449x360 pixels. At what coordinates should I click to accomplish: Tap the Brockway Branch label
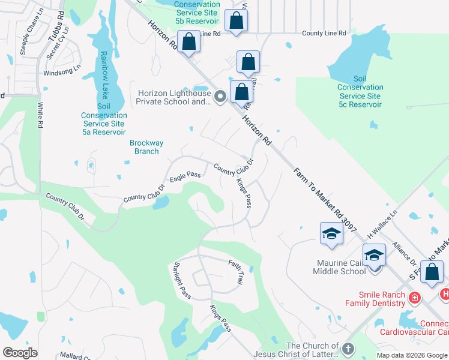[144, 147]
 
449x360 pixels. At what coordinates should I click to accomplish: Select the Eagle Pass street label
[185, 176]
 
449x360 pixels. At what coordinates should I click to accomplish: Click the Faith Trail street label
[236, 272]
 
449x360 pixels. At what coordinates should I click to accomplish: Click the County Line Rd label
[324, 34]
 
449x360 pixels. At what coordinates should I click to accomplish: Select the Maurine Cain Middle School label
[339, 267]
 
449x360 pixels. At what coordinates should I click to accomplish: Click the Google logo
[20, 353]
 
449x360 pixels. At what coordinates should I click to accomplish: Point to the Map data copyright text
[412, 355]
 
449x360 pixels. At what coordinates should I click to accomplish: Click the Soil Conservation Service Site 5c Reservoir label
[360, 92]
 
